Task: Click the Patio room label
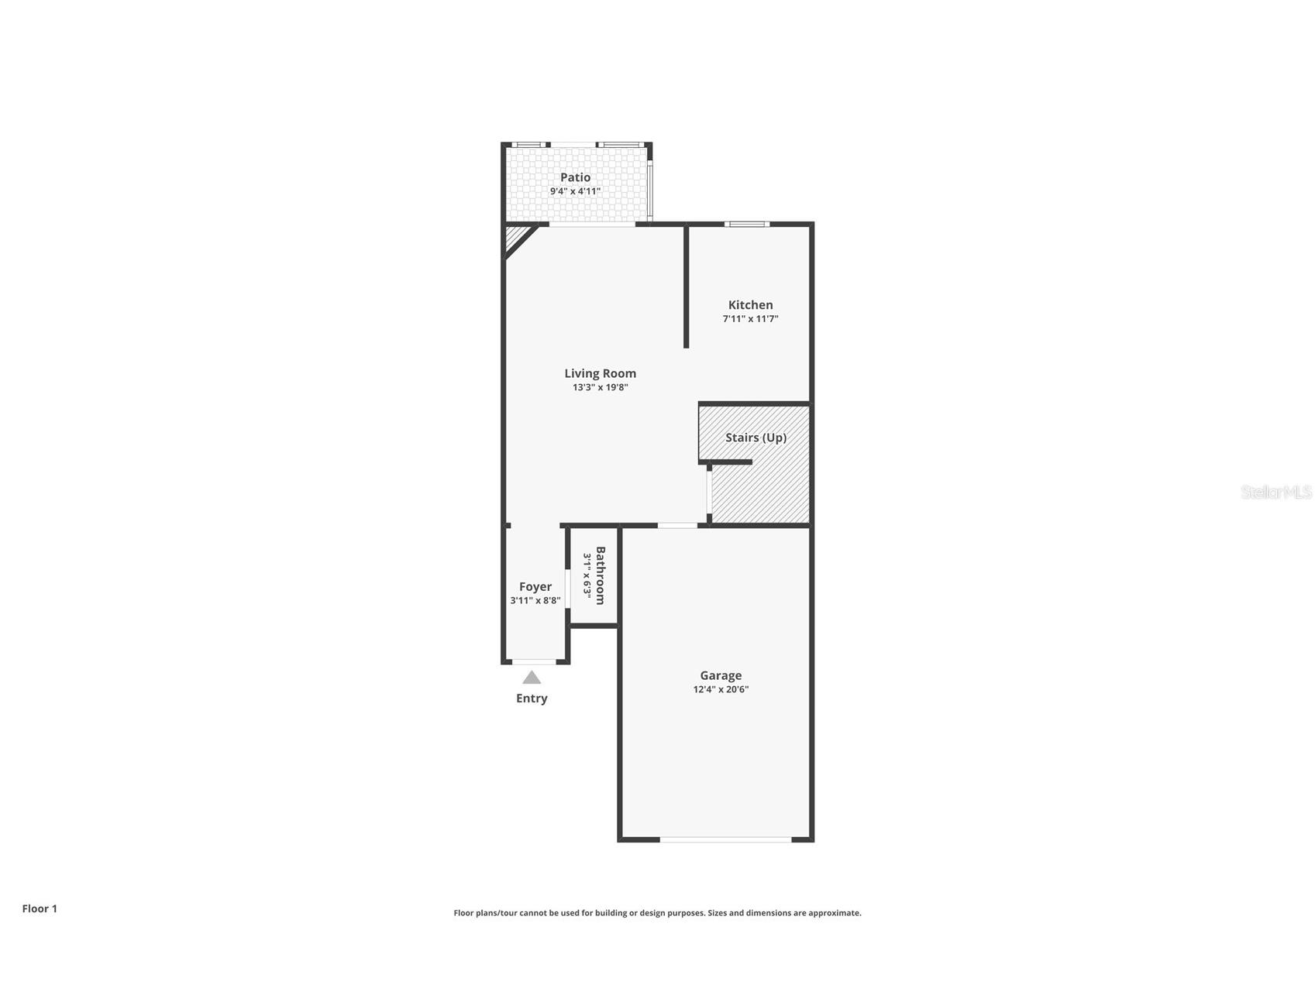tap(575, 177)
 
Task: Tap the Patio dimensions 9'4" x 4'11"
tap(575, 191)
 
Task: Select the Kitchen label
tap(750, 305)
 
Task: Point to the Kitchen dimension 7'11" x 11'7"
tap(750, 319)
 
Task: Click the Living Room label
tap(600, 373)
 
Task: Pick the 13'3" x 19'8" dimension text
tap(600, 387)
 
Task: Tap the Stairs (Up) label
tap(756, 438)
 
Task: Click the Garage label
tap(721, 675)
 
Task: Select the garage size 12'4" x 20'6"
tap(721, 689)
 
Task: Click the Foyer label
tap(535, 587)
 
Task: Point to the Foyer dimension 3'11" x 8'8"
tap(535, 601)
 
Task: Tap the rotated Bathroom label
tap(601, 575)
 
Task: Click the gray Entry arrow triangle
tap(532, 678)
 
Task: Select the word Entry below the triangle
tap(532, 698)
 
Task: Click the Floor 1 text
tap(40, 908)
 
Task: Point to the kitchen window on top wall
tap(747, 225)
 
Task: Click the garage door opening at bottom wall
tap(725, 839)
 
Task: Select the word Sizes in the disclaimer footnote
tap(719, 913)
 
